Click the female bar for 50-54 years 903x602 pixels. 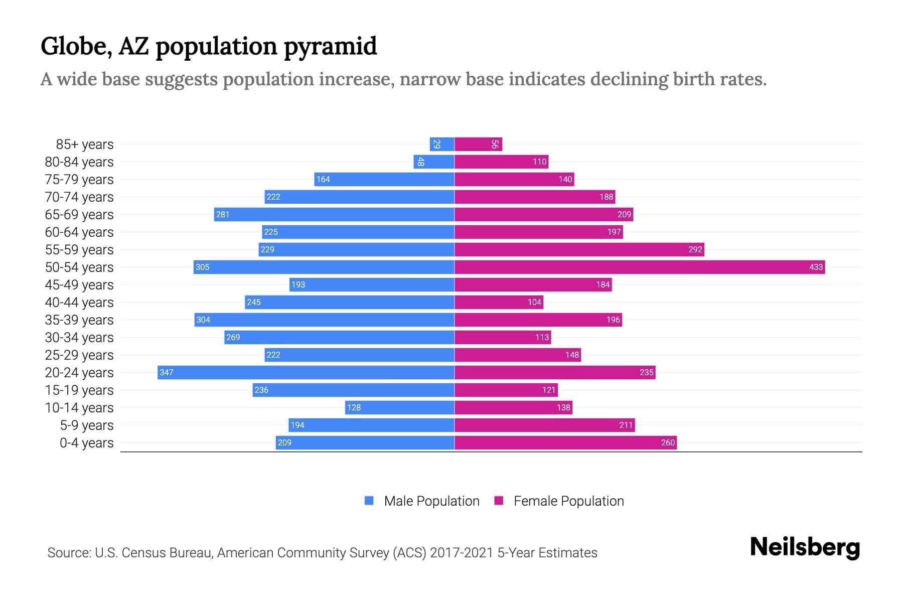640,267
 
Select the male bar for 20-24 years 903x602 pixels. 306,372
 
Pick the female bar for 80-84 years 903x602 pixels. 501,162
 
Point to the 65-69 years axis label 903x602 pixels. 79,215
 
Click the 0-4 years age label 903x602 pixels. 86,443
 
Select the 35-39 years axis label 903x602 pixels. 79,320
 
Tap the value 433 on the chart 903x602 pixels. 816,267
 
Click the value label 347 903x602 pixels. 166,372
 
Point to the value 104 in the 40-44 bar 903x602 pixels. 534,302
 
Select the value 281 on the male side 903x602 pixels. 222,214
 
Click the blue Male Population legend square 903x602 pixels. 369,501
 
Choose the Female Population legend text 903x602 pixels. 568,501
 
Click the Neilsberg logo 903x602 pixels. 805,547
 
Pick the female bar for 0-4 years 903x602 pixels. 565,442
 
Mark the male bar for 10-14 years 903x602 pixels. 400,407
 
